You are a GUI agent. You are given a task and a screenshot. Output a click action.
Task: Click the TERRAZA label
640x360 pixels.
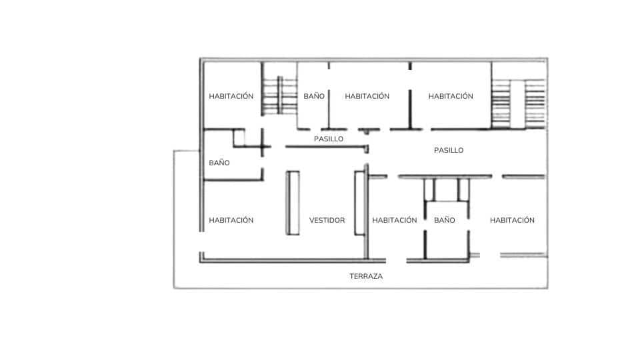coord(366,276)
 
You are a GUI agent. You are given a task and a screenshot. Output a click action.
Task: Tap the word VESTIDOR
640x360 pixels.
coord(327,220)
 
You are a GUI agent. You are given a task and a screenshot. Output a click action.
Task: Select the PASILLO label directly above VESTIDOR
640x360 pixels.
coord(329,139)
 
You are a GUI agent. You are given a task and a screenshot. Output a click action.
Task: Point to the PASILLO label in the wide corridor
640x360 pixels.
coord(448,151)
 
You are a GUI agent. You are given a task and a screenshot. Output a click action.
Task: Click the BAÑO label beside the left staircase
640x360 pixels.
coord(313,96)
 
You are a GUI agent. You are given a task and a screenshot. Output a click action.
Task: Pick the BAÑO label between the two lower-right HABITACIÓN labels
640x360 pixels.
coord(444,220)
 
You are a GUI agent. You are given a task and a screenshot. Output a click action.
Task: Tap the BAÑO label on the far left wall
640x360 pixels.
coord(219,163)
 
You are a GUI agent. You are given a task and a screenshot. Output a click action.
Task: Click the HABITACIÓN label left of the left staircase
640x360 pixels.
coord(231,96)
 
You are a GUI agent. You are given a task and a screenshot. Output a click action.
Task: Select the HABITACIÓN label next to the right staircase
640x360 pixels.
coord(451,96)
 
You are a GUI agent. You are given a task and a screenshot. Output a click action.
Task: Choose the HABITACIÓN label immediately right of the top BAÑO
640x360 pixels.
coord(367,96)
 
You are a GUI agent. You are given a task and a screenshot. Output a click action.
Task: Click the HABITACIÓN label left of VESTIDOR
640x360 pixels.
coord(231,220)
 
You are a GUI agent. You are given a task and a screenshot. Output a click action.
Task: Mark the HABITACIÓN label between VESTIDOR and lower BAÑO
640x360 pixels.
coord(394,220)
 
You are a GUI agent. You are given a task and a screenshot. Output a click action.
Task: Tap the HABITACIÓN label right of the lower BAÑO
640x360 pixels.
coord(512,220)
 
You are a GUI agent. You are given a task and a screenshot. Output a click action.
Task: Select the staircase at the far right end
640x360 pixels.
coord(518,103)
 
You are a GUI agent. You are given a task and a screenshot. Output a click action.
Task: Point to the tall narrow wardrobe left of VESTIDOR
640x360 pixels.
coord(293,203)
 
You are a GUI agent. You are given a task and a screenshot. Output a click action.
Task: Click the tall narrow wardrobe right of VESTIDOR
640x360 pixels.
coord(359,203)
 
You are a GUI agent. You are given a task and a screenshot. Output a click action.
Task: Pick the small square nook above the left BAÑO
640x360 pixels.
coord(240,138)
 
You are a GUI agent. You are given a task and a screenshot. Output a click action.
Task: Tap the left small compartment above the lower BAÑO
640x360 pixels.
coord(429,189)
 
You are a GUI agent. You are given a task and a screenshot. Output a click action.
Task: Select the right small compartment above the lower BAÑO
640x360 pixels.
coord(463,189)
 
